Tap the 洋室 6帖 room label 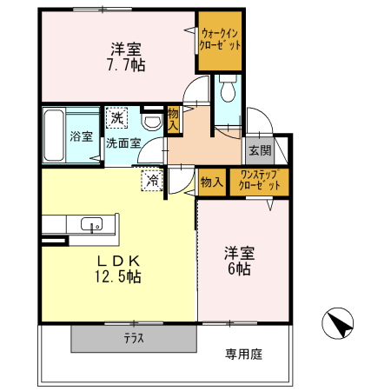[x=239, y=261]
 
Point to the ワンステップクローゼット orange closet [x=260, y=182]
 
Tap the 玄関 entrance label [x=259, y=151]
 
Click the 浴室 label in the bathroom [x=82, y=136]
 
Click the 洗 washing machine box [x=116, y=117]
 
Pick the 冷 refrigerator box [x=152, y=180]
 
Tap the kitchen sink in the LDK [x=90, y=224]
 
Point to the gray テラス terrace [x=133, y=339]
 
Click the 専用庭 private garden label [x=244, y=354]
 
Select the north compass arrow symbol [x=337, y=325]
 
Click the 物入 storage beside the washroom [x=174, y=119]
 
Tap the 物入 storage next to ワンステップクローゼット [x=209, y=182]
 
